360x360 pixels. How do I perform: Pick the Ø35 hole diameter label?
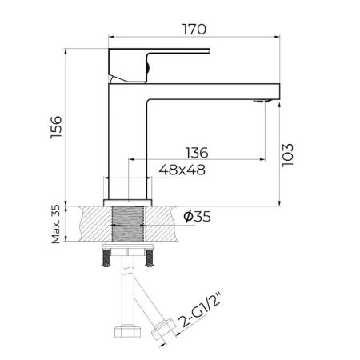click(198, 217)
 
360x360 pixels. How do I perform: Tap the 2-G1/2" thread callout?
click(196, 314)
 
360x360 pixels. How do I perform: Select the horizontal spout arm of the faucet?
click(212, 90)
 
